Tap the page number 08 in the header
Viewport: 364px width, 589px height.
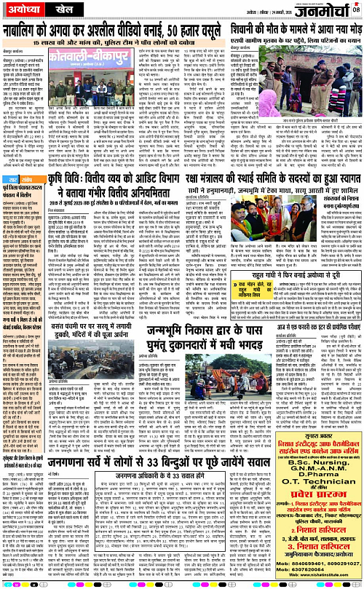click(356, 9)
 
